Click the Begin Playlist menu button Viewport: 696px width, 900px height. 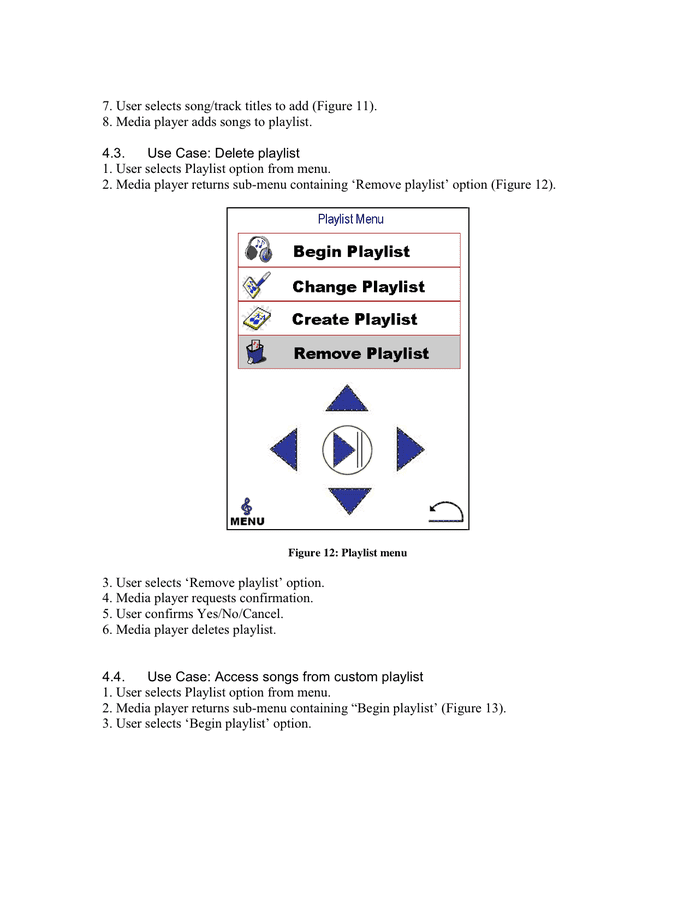tap(349, 251)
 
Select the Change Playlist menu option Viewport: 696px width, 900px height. tap(349, 286)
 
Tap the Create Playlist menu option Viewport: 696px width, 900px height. tap(349, 319)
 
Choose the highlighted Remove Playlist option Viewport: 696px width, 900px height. tap(349, 353)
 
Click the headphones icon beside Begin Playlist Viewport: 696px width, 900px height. tap(259, 250)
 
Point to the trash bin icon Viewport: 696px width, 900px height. tap(256, 353)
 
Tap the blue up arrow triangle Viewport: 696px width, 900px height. tap(348, 398)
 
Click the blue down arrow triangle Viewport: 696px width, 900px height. tap(349, 499)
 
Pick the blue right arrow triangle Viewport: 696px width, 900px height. tap(409, 449)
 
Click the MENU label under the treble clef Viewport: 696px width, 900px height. tap(247, 521)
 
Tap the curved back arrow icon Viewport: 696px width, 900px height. tap(446, 512)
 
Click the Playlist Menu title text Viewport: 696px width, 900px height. tap(350, 219)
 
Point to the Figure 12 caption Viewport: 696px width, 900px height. tap(347, 552)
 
